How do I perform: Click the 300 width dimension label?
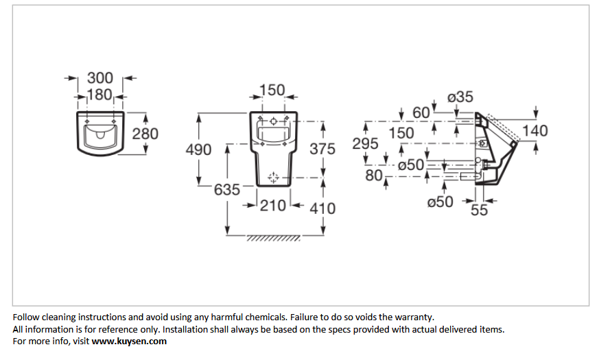coord(100,78)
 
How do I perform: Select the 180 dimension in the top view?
coord(99,95)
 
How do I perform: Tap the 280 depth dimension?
coord(145,134)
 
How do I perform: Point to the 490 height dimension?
coord(199,149)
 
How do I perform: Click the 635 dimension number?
coord(227,190)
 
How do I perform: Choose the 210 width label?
coord(273,206)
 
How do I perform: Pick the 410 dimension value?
coord(322,208)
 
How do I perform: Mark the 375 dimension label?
coord(322,149)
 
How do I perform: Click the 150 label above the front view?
coord(272,91)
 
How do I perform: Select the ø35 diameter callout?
coord(460,97)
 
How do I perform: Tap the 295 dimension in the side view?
coord(365,144)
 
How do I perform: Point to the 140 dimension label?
coord(535,131)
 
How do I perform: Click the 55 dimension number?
coord(479,210)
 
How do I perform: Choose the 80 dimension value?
coord(374,176)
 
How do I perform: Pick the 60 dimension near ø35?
coord(421,112)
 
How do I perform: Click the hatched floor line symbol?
coord(274,238)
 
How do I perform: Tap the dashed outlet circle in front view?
coord(273,178)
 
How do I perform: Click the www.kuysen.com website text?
coord(129,341)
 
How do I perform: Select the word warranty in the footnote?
coord(414,317)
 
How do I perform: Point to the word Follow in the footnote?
coord(26,317)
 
